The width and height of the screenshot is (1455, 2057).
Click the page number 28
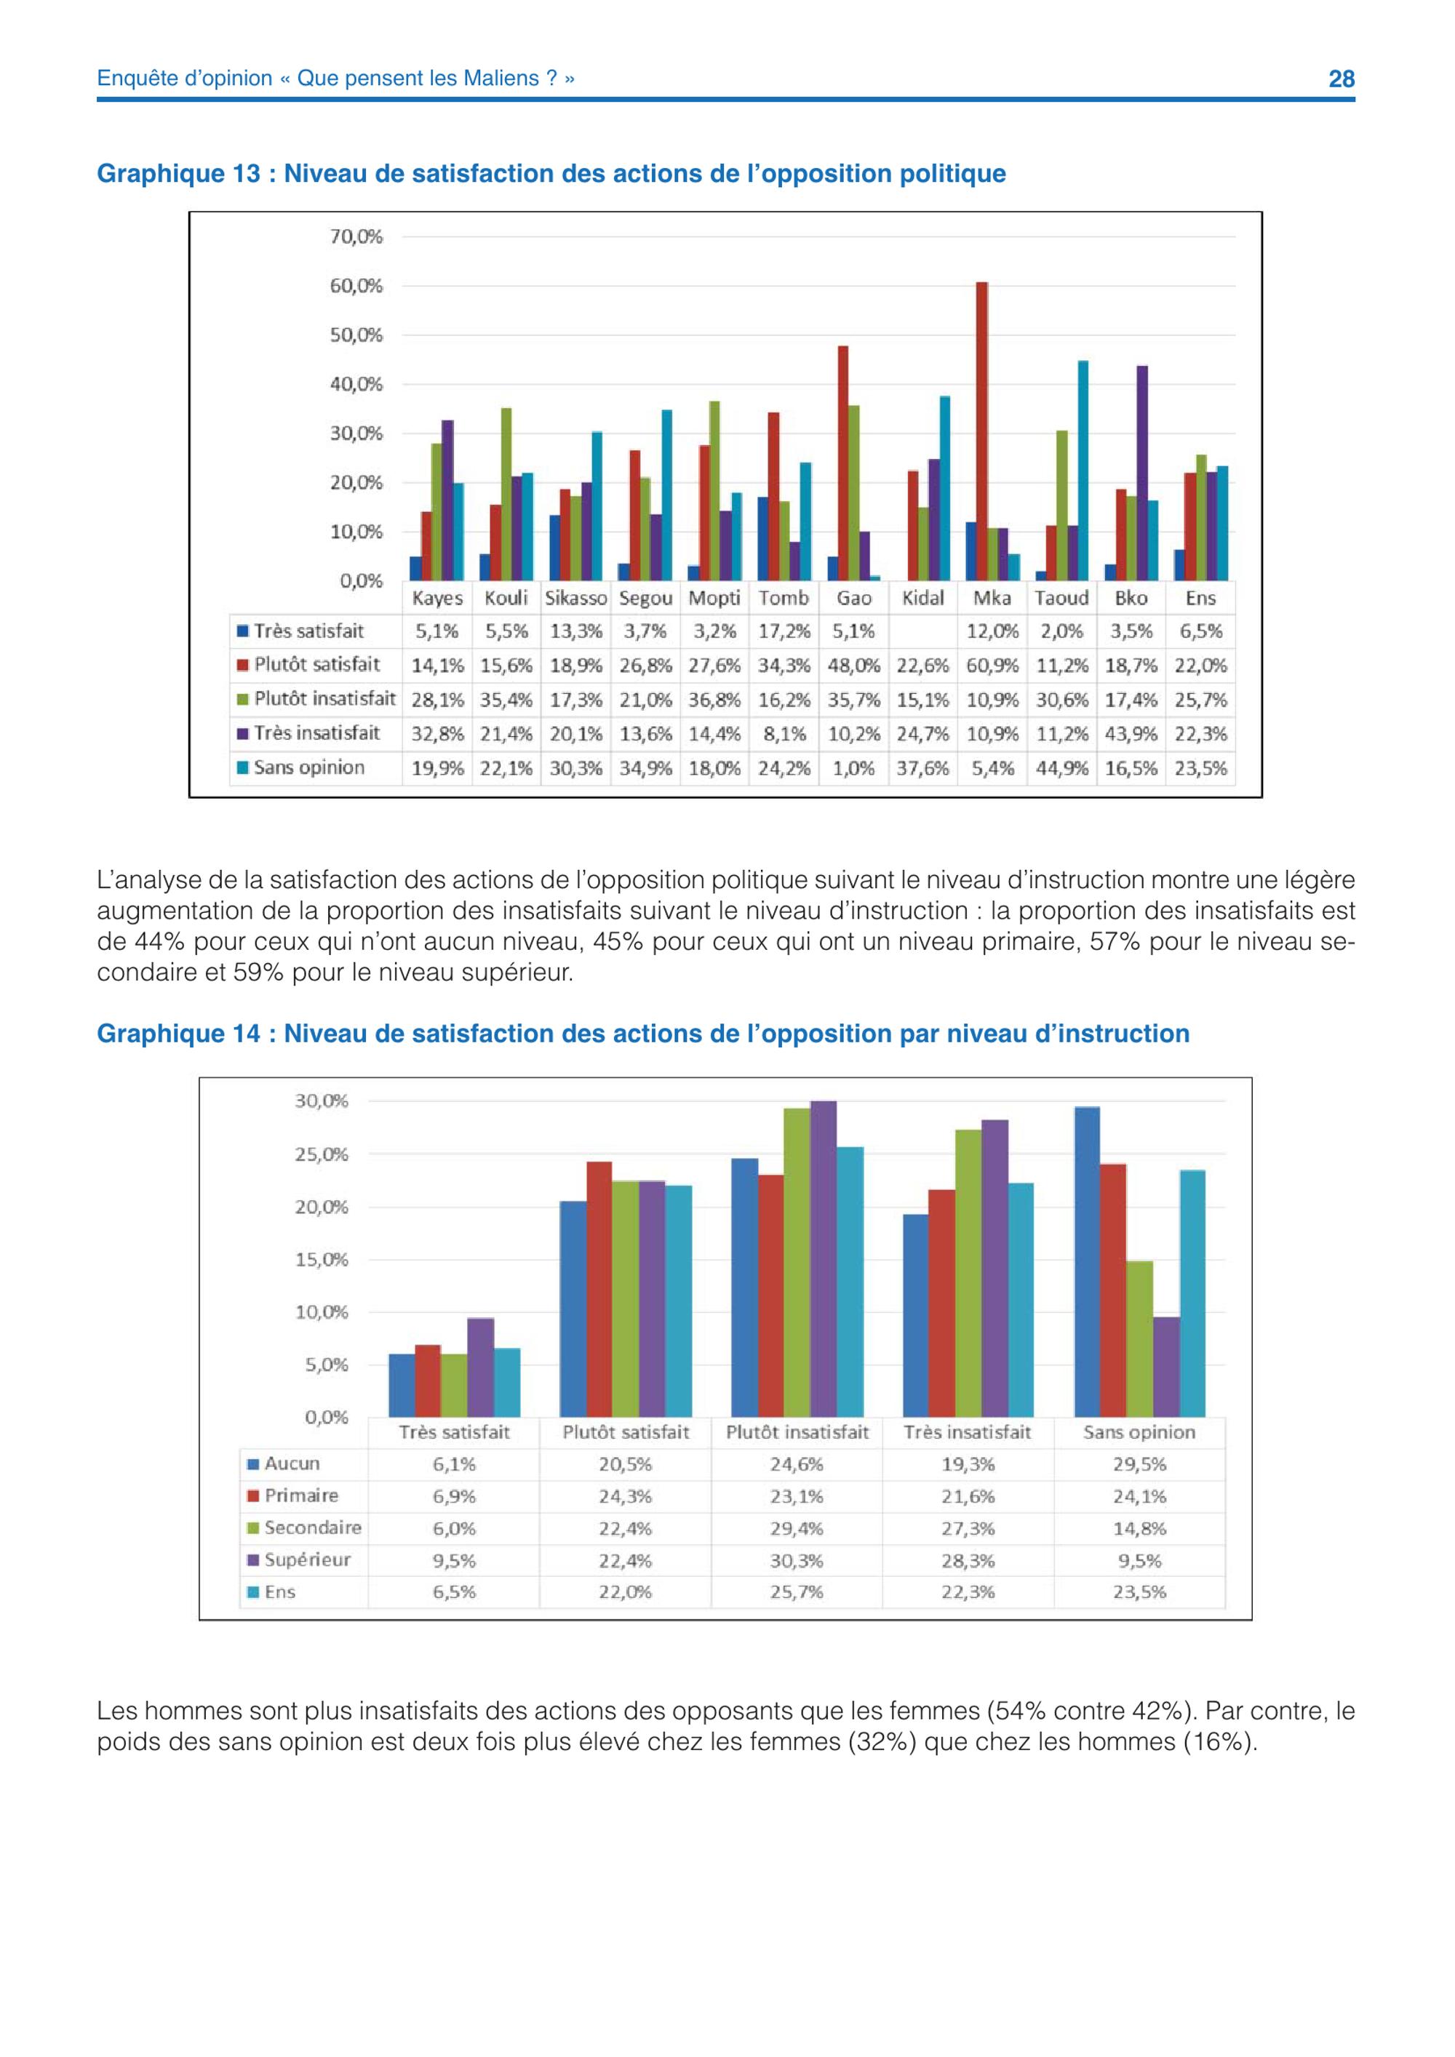coord(1342,79)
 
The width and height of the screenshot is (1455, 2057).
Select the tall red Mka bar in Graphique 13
coord(982,431)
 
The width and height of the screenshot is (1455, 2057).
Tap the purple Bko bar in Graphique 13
coord(1142,473)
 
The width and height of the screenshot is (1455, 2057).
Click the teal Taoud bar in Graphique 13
coord(1083,471)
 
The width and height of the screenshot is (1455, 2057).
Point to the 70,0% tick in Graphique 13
coord(356,236)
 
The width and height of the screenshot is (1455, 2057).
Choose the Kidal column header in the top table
coord(922,598)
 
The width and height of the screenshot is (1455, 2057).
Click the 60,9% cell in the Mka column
coord(993,666)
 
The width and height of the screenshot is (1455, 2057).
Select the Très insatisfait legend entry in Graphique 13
coord(308,733)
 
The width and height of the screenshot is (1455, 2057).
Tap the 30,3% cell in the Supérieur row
coord(797,1559)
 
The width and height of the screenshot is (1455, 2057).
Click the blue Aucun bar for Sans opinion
coord(1087,1261)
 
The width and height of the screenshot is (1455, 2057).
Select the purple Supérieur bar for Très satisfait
coord(480,1367)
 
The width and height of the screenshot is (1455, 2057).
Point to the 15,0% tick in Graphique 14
coord(322,1260)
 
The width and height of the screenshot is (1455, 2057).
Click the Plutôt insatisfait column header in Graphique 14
coord(797,1431)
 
